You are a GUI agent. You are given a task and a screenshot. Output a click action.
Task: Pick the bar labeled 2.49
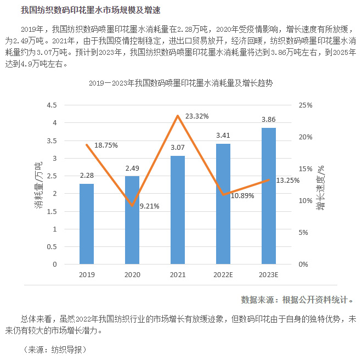click(x=132, y=220)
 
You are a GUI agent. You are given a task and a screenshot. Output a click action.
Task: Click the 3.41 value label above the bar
click(x=223, y=134)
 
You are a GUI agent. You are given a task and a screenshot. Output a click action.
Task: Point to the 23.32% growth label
click(x=197, y=116)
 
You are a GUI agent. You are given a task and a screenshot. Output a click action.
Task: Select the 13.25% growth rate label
click(x=288, y=180)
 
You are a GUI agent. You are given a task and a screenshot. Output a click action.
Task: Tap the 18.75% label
click(x=106, y=145)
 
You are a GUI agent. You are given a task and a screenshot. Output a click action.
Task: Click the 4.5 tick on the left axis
click(x=52, y=105)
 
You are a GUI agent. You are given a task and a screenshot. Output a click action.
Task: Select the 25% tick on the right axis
click(x=306, y=105)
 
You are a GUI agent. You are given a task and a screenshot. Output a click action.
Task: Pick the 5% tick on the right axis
click(x=304, y=233)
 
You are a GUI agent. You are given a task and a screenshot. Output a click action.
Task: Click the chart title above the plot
click(x=181, y=84)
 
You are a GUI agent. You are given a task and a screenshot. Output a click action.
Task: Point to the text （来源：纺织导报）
click(x=55, y=349)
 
